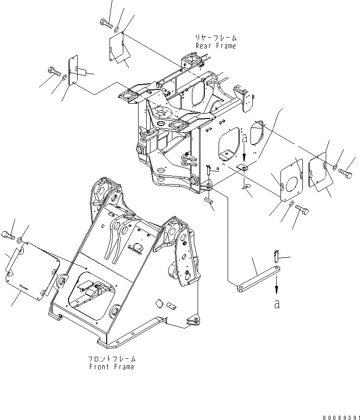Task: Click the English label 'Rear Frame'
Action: pyautogui.click(x=216, y=46)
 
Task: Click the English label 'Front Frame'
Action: pyautogui.click(x=112, y=367)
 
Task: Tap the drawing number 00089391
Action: pyautogui.click(x=340, y=417)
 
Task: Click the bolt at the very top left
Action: pyautogui.click(x=106, y=22)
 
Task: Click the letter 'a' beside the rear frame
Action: pyautogui.click(x=244, y=139)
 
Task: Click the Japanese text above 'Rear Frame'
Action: pyautogui.click(x=216, y=38)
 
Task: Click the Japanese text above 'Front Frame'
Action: pyautogui.click(x=112, y=359)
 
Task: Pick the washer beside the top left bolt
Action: pyautogui.click(x=117, y=23)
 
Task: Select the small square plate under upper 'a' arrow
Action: pyautogui.click(x=243, y=167)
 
